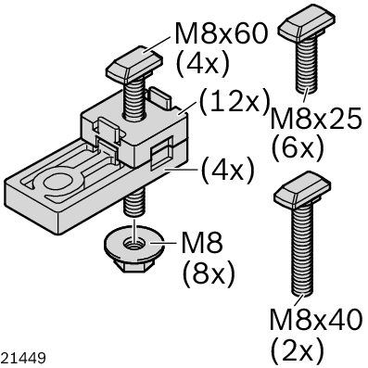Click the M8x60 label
221,33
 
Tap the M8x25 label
316,119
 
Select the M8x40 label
315,319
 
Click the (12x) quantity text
235,102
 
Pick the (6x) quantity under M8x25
298,147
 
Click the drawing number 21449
23,359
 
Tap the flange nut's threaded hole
134,244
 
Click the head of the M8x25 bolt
307,24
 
